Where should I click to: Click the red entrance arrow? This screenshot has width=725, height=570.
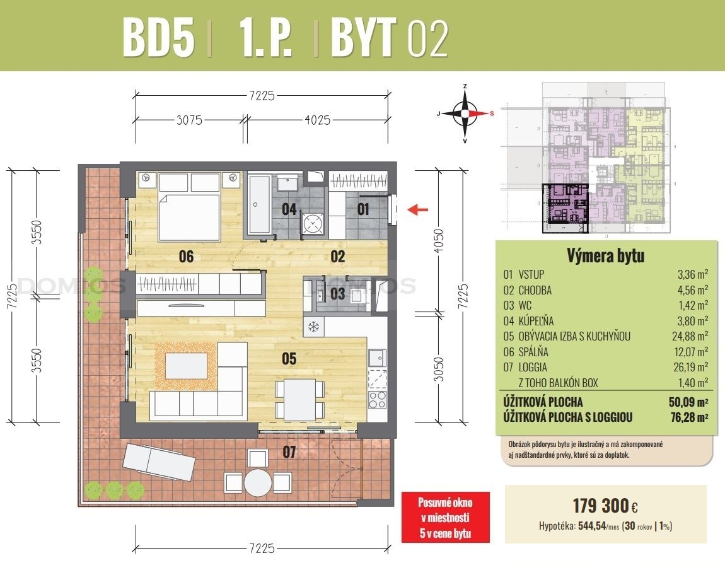pos(417,210)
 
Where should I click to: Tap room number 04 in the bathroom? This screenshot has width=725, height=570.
pos(289,209)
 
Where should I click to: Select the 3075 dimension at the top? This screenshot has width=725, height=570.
pos(190,120)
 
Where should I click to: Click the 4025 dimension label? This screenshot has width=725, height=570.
pos(318,120)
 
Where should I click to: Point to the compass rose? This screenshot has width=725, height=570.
pos(465,113)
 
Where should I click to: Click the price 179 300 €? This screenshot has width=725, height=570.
pos(605,506)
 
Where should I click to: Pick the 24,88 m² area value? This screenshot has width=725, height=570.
pos(690,336)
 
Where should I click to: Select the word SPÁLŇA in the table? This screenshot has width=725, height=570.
pos(533,352)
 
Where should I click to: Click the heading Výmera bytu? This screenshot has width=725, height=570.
pos(605,255)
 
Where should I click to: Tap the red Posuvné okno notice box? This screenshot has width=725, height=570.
pos(445,517)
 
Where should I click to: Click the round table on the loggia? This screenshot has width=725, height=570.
pos(258,482)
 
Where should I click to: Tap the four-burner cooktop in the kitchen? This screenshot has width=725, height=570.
pos(377,399)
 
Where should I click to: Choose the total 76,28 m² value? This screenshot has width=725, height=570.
pos(690,417)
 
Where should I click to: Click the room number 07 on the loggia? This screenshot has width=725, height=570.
pos(289,451)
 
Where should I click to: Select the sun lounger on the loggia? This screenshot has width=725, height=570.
pos(158,461)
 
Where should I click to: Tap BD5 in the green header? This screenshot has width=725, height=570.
pos(158,37)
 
